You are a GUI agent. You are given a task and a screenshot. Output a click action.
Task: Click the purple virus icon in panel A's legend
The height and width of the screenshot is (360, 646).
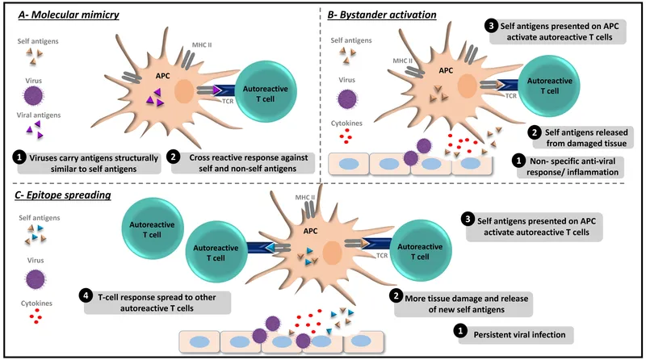point(33,97)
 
